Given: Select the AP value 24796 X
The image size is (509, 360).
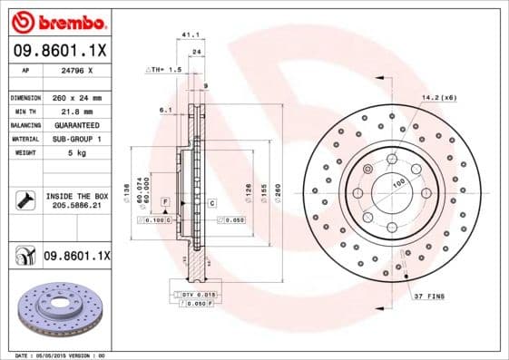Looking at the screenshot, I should click(x=77, y=71).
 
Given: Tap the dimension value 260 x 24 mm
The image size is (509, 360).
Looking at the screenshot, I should click(x=77, y=97).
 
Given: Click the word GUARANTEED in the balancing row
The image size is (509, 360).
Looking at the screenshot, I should click(x=77, y=124).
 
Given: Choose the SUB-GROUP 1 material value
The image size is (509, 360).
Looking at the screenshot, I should click(x=77, y=139).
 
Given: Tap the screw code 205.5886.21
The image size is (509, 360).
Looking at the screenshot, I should click(x=77, y=207).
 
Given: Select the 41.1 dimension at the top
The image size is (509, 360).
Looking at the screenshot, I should click(x=191, y=34).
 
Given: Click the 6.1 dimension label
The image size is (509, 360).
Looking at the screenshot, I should click(x=165, y=110).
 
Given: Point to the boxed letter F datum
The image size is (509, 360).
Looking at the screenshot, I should click(x=166, y=199).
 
